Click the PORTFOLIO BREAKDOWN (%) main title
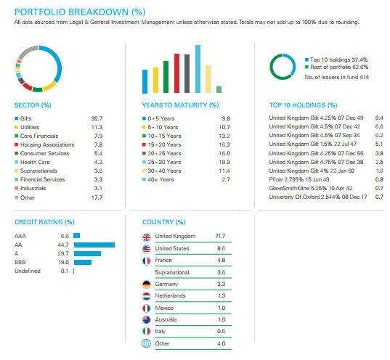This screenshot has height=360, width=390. pyautogui.click(x=80, y=12)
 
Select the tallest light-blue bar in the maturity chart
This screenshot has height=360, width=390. pyautogui.click(x=198, y=69)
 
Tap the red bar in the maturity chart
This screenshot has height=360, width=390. pyautogui.click(x=176, y=73)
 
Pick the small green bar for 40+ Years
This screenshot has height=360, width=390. pyautogui.click(x=219, y=89)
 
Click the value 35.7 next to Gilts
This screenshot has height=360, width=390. pyautogui.click(x=97, y=118)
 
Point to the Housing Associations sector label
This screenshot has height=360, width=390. pyautogui.click(x=47, y=144)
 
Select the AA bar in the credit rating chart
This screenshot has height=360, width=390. pyautogui.click(x=94, y=245)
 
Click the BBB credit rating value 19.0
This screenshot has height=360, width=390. pyautogui.click(x=63, y=262)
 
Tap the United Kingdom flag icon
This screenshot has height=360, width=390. pyautogui.click(x=147, y=237)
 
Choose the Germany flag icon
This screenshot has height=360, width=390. pyautogui.click(x=147, y=285)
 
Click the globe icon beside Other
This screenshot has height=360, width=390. pyautogui.click(x=147, y=343)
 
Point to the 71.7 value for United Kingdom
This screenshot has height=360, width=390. pyautogui.click(x=220, y=236)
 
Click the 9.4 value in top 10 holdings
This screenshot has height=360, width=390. pyautogui.click(x=379, y=118)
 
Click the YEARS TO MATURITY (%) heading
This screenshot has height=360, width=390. pyautogui.click(x=180, y=105)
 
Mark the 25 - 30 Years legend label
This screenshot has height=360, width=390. pyautogui.click(x=164, y=162)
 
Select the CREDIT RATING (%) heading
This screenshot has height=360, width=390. pyautogui.click(x=44, y=222)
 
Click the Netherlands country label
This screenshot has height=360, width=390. pyautogui.click(x=171, y=295)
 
